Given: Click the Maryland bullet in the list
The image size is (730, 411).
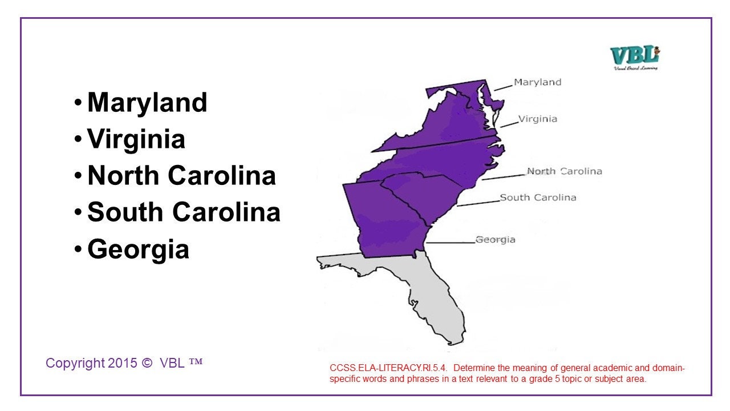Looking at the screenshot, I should [147, 103].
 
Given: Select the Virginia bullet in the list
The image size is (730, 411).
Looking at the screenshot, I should [136, 139].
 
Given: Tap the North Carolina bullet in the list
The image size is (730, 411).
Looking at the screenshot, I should [181, 176].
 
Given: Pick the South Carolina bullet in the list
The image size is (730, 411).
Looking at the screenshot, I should [184, 212].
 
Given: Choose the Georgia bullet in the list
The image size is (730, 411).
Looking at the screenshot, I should [138, 249].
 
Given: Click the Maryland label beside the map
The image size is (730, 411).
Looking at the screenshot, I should [537, 82].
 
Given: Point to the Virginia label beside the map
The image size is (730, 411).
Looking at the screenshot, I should [537, 119].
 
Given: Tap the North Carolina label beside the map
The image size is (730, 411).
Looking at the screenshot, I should [564, 171].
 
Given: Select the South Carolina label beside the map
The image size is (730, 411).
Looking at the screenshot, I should [538, 198].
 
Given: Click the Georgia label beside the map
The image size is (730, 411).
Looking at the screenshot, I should [495, 240].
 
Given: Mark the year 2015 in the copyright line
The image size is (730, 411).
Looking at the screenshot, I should [123, 363].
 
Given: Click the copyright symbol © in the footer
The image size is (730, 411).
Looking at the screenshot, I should [147, 363].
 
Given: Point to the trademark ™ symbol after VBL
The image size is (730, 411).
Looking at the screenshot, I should [196, 362].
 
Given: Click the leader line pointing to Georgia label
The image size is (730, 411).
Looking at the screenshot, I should [451, 243].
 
